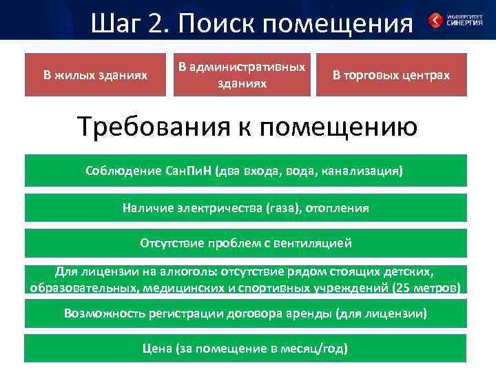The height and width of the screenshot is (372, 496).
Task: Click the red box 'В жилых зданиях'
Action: [95, 74]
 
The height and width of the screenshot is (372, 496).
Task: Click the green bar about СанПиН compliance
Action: [246, 170]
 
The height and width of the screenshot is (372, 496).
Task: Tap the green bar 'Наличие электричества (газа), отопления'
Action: [246, 207]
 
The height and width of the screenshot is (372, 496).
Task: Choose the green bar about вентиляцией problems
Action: [246, 243]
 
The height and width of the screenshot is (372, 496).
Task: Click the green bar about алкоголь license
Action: [246, 279]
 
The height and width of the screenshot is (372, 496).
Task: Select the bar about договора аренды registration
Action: [246, 313]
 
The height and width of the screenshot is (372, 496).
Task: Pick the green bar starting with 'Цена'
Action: [246, 349]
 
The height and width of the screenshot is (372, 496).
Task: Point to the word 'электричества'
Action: [219, 207]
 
